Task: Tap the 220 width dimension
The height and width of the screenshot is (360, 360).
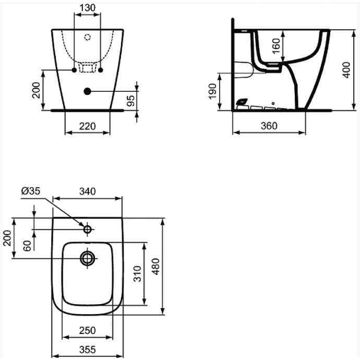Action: click(x=87, y=126)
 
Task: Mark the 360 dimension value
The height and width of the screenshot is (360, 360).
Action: click(x=268, y=126)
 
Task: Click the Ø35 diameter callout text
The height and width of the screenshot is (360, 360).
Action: click(x=31, y=191)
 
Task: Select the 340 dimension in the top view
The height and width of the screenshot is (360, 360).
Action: click(x=88, y=191)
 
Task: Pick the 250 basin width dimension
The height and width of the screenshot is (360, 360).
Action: click(x=88, y=331)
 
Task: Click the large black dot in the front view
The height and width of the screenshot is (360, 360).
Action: click(x=87, y=91)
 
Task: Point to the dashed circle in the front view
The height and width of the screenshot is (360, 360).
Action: click(x=88, y=37)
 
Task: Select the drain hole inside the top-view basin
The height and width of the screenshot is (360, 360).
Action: click(x=87, y=257)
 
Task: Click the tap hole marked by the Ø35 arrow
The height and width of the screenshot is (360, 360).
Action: click(x=87, y=229)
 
